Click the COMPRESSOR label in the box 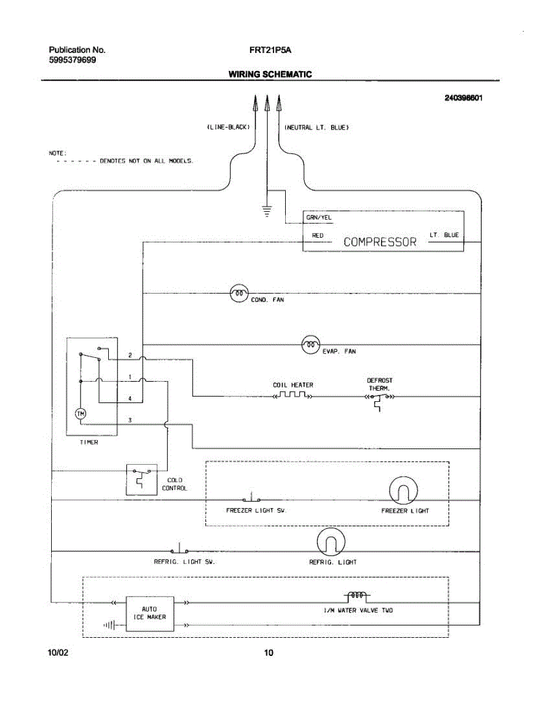click(379, 242)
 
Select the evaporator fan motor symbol click(310, 344)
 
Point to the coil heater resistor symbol click(293, 395)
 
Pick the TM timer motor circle click(81, 414)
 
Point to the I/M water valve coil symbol click(356, 595)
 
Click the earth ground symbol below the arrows click(267, 211)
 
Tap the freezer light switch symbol click(251, 498)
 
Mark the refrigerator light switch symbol click(179, 550)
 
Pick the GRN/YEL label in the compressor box click(319, 218)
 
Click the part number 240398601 click(463, 98)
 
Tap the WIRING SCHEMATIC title click(270, 74)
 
